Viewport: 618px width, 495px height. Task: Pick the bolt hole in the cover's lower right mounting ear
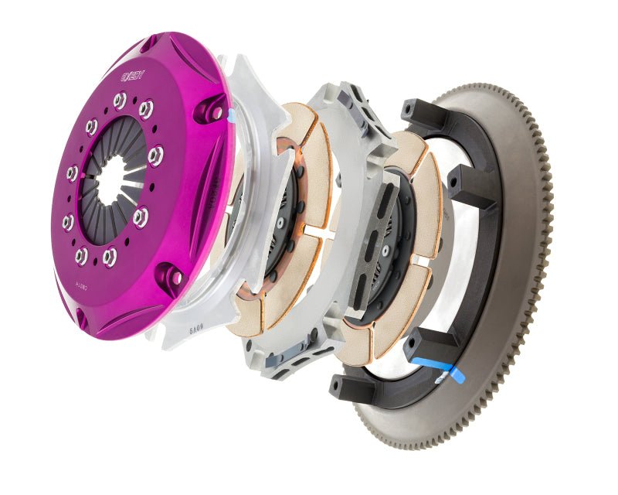(177, 276)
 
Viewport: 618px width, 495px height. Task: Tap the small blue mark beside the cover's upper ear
(230, 116)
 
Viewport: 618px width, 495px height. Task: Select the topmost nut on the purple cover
(120, 100)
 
